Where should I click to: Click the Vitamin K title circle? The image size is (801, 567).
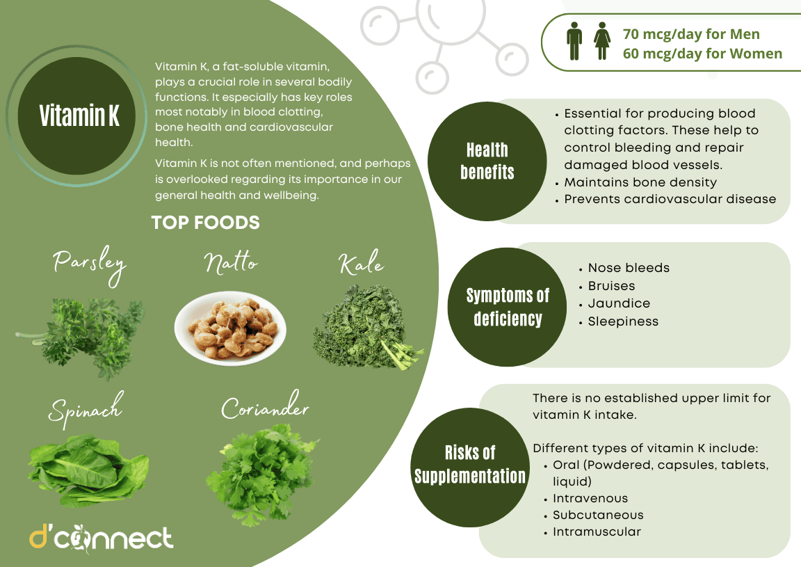pos(79,116)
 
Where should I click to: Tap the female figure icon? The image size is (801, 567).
pos(601,42)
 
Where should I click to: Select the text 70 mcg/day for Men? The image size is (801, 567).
pos(691,34)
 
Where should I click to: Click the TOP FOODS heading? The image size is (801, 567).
pos(206,223)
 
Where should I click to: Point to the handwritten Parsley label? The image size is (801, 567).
pos(90,265)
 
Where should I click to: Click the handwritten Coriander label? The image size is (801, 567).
pos(264,408)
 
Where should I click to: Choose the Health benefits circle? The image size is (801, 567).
pos(487,161)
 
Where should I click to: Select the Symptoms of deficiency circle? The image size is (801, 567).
pos(508,307)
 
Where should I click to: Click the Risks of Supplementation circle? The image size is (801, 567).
pos(470,465)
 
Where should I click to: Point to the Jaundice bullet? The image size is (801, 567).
pos(619,303)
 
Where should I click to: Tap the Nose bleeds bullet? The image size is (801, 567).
pos(629,268)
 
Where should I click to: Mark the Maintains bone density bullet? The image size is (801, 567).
pos(640,182)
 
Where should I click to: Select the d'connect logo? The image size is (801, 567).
pos(101,538)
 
